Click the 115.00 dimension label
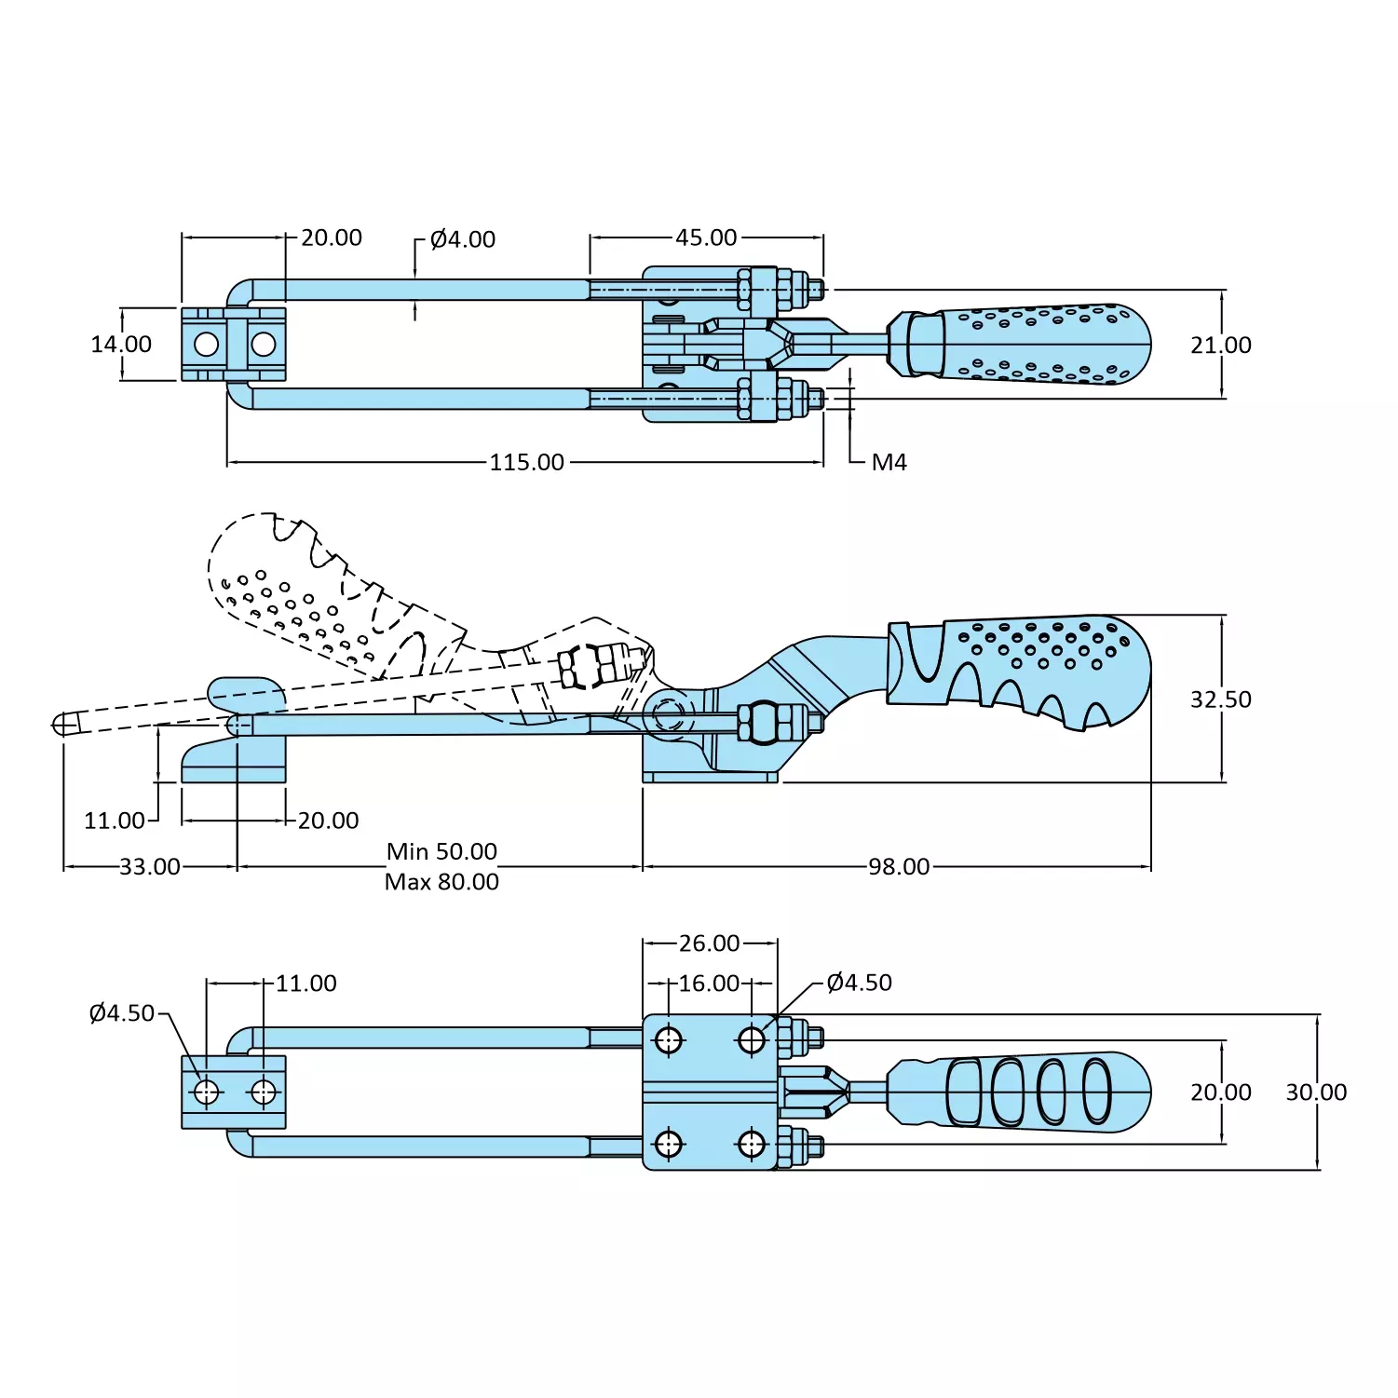(x=527, y=462)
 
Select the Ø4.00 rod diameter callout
(x=463, y=239)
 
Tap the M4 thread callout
(x=889, y=462)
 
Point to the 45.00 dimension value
(x=706, y=238)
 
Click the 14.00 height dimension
(x=121, y=345)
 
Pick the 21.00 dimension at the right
(x=1220, y=346)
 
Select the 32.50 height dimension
(x=1220, y=699)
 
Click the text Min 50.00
(x=441, y=851)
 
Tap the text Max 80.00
(x=441, y=882)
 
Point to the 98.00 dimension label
(x=899, y=867)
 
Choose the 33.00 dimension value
(x=150, y=867)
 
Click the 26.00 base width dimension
(x=709, y=943)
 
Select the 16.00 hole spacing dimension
(x=709, y=984)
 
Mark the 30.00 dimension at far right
(x=1316, y=1093)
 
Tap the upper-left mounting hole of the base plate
(x=669, y=1039)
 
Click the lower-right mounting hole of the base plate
(x=752, y=1143)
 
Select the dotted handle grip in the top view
(x=1034, y=345)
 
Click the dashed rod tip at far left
(x=64, y=724)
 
